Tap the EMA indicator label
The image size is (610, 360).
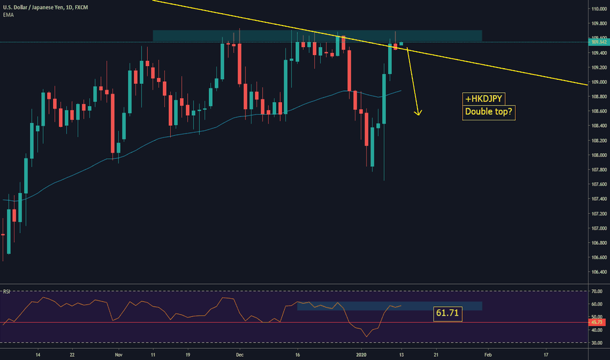8,14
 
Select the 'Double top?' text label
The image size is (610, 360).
488,112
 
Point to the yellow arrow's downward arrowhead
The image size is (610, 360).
418,114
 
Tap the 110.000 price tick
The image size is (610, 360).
599,9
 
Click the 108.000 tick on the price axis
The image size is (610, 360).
599,155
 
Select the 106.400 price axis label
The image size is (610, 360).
599,272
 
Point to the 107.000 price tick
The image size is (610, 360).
599,228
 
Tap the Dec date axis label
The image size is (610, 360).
240,354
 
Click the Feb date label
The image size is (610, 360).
486,354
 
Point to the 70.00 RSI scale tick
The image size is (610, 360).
597,291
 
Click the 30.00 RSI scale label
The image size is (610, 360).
597,342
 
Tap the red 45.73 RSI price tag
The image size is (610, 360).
598,322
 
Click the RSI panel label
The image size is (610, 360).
7,290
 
